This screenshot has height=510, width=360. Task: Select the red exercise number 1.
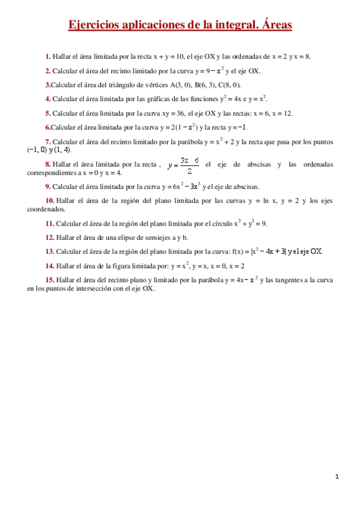point(47,57)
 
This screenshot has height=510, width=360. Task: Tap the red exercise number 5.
point(47,113)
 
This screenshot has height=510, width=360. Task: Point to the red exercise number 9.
point(47,186)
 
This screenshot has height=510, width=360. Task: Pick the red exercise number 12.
point(50,237)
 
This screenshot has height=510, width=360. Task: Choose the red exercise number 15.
point(50,280)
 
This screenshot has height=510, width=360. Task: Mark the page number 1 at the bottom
point(337,477)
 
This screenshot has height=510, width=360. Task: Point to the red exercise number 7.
point(47,141)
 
